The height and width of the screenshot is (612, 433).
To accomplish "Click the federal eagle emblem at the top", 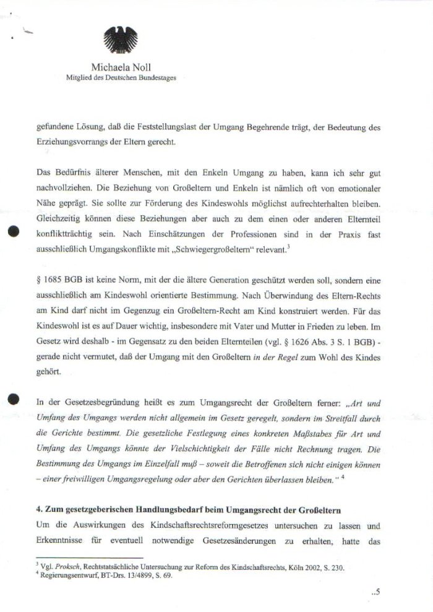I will click(121, 41).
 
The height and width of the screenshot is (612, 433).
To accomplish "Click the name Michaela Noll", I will click(121, 66).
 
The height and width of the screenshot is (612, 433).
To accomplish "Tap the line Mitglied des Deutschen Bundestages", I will click(121, 77).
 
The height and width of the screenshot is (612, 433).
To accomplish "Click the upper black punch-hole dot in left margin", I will click(11, 232).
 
